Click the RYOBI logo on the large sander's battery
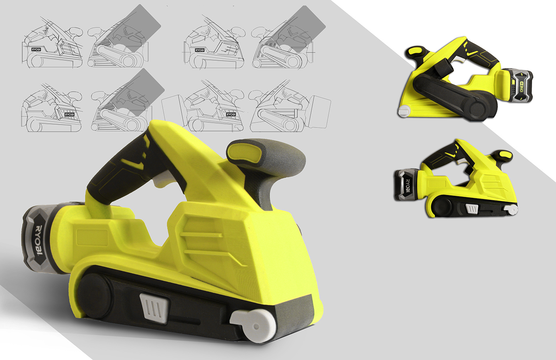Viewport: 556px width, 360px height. [x=39, y=240]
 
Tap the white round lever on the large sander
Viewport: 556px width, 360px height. [x=253, y=325]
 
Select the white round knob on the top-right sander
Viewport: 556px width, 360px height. [x=404, y=111]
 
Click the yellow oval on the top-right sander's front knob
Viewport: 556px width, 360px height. [x=415, y=51]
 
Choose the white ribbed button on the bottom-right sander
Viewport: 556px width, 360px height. [x=473, y=209]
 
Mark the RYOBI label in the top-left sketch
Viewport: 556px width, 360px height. [x=37, y=50]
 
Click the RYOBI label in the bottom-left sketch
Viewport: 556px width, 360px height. [x=69, y=114]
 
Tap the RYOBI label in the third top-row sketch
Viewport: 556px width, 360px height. [x=199, y=50]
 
